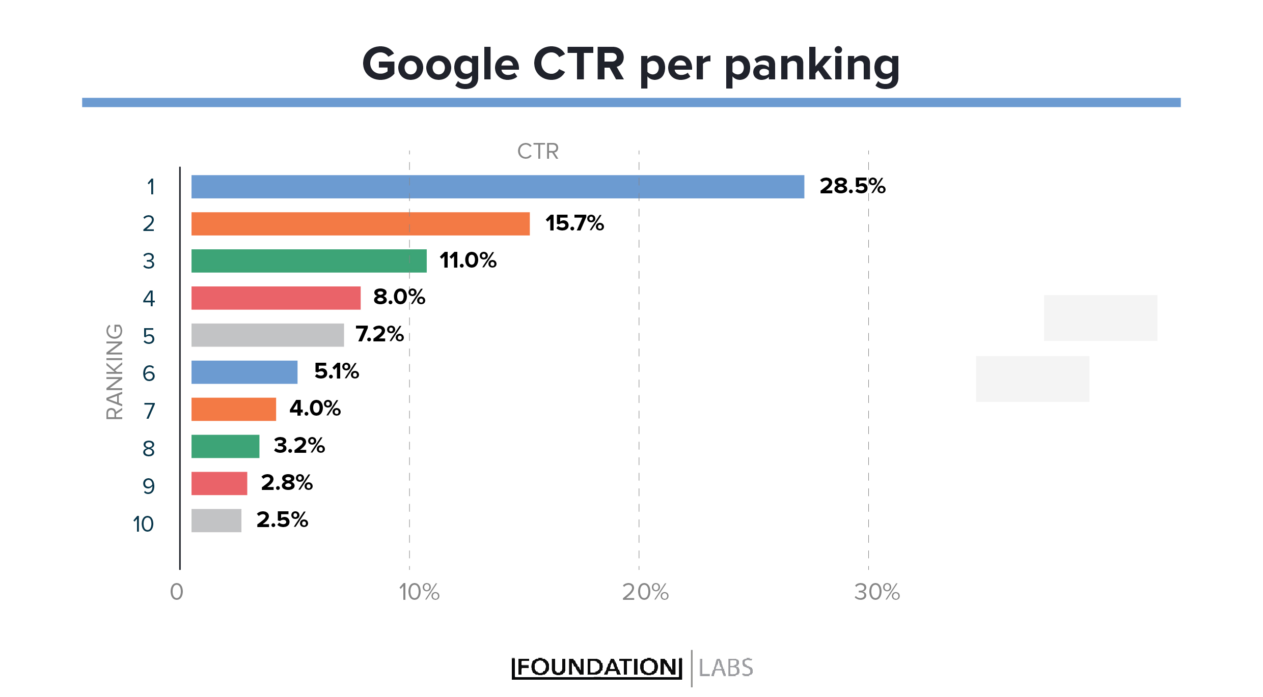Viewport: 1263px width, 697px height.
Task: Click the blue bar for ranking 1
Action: click(498, 187)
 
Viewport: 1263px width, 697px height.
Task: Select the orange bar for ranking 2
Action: click(360, 224)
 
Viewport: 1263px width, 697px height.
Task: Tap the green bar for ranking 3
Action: click(309, 261)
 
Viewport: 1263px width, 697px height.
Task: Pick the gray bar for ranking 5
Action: click(267, 335)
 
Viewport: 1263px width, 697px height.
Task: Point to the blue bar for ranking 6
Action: click(244, 372)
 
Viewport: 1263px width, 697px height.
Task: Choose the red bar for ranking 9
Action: click(219, 483)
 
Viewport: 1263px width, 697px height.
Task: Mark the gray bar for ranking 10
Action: click(216, 520)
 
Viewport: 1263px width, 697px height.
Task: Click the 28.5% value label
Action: click(853, 186)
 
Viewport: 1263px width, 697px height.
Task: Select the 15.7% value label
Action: click(574, 223)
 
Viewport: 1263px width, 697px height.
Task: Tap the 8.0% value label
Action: click(399, 297)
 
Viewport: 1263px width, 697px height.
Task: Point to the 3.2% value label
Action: click(299, 446)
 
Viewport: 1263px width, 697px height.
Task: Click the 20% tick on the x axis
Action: click(645, 592)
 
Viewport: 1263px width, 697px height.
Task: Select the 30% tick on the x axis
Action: click(877, 592)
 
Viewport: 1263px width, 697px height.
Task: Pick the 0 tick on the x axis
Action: click(176, 592)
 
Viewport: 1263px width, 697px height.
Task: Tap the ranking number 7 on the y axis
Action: click(149, 411)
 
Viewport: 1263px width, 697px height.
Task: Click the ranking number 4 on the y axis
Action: click(149, 299)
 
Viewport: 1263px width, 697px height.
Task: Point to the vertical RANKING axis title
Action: click(115, 372)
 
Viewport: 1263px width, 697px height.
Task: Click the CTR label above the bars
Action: click(538, 152)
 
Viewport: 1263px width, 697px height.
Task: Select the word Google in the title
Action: click(441, 65)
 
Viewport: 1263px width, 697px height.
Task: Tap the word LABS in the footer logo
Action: click(725, 668)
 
